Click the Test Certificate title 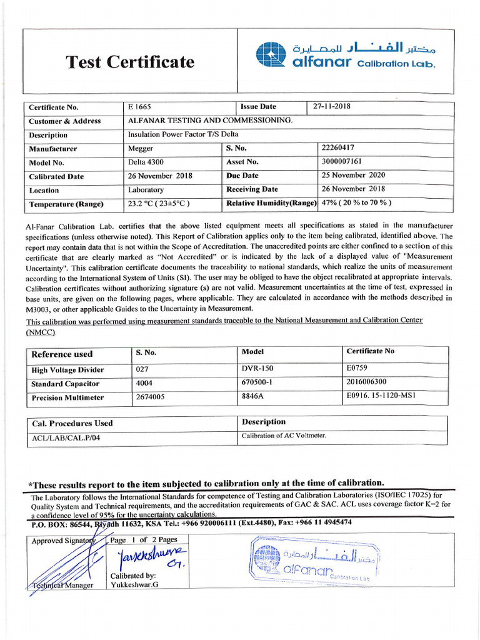131,62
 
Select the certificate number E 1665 139,107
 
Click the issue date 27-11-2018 332,106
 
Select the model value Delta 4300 147,162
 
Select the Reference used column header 62,354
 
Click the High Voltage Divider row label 67,370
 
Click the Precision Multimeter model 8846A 253,396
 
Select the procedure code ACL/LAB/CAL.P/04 66,437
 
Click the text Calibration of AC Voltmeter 284,436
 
